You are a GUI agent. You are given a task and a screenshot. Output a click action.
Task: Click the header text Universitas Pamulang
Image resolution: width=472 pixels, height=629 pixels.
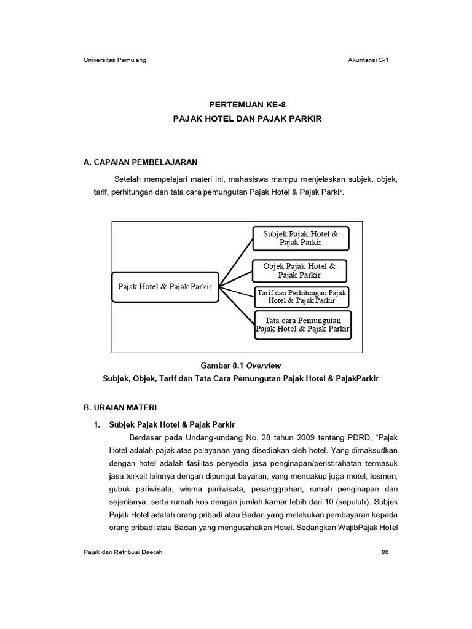[114, 60]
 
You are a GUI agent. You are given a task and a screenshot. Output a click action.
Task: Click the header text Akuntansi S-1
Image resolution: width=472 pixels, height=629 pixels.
[368, 60]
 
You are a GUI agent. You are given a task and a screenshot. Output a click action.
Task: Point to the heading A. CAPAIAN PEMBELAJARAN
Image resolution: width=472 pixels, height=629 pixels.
[140, 162]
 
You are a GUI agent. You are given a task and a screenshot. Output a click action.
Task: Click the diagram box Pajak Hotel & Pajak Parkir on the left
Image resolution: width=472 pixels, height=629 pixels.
[165, 287]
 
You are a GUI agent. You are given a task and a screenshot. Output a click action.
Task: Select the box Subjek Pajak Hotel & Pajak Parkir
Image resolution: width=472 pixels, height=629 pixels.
[301, 238]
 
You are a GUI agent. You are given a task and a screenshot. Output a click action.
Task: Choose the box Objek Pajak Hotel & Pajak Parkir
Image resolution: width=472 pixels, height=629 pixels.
[299, 270]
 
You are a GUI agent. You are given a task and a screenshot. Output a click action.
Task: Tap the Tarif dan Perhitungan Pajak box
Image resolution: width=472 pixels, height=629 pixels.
[301, 297]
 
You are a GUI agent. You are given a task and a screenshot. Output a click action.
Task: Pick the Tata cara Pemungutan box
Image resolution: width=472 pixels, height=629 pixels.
[302, 324]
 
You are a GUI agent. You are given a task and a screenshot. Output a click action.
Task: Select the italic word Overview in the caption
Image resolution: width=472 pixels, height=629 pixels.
[264, 365]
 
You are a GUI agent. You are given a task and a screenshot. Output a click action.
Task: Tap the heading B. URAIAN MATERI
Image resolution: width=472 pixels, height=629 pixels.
[120, 407]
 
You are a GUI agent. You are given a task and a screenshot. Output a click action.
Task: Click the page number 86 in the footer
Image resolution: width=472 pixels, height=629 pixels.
[385, 552]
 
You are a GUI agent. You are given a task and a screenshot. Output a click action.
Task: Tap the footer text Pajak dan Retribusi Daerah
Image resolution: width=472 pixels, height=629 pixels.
[123, 552]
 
